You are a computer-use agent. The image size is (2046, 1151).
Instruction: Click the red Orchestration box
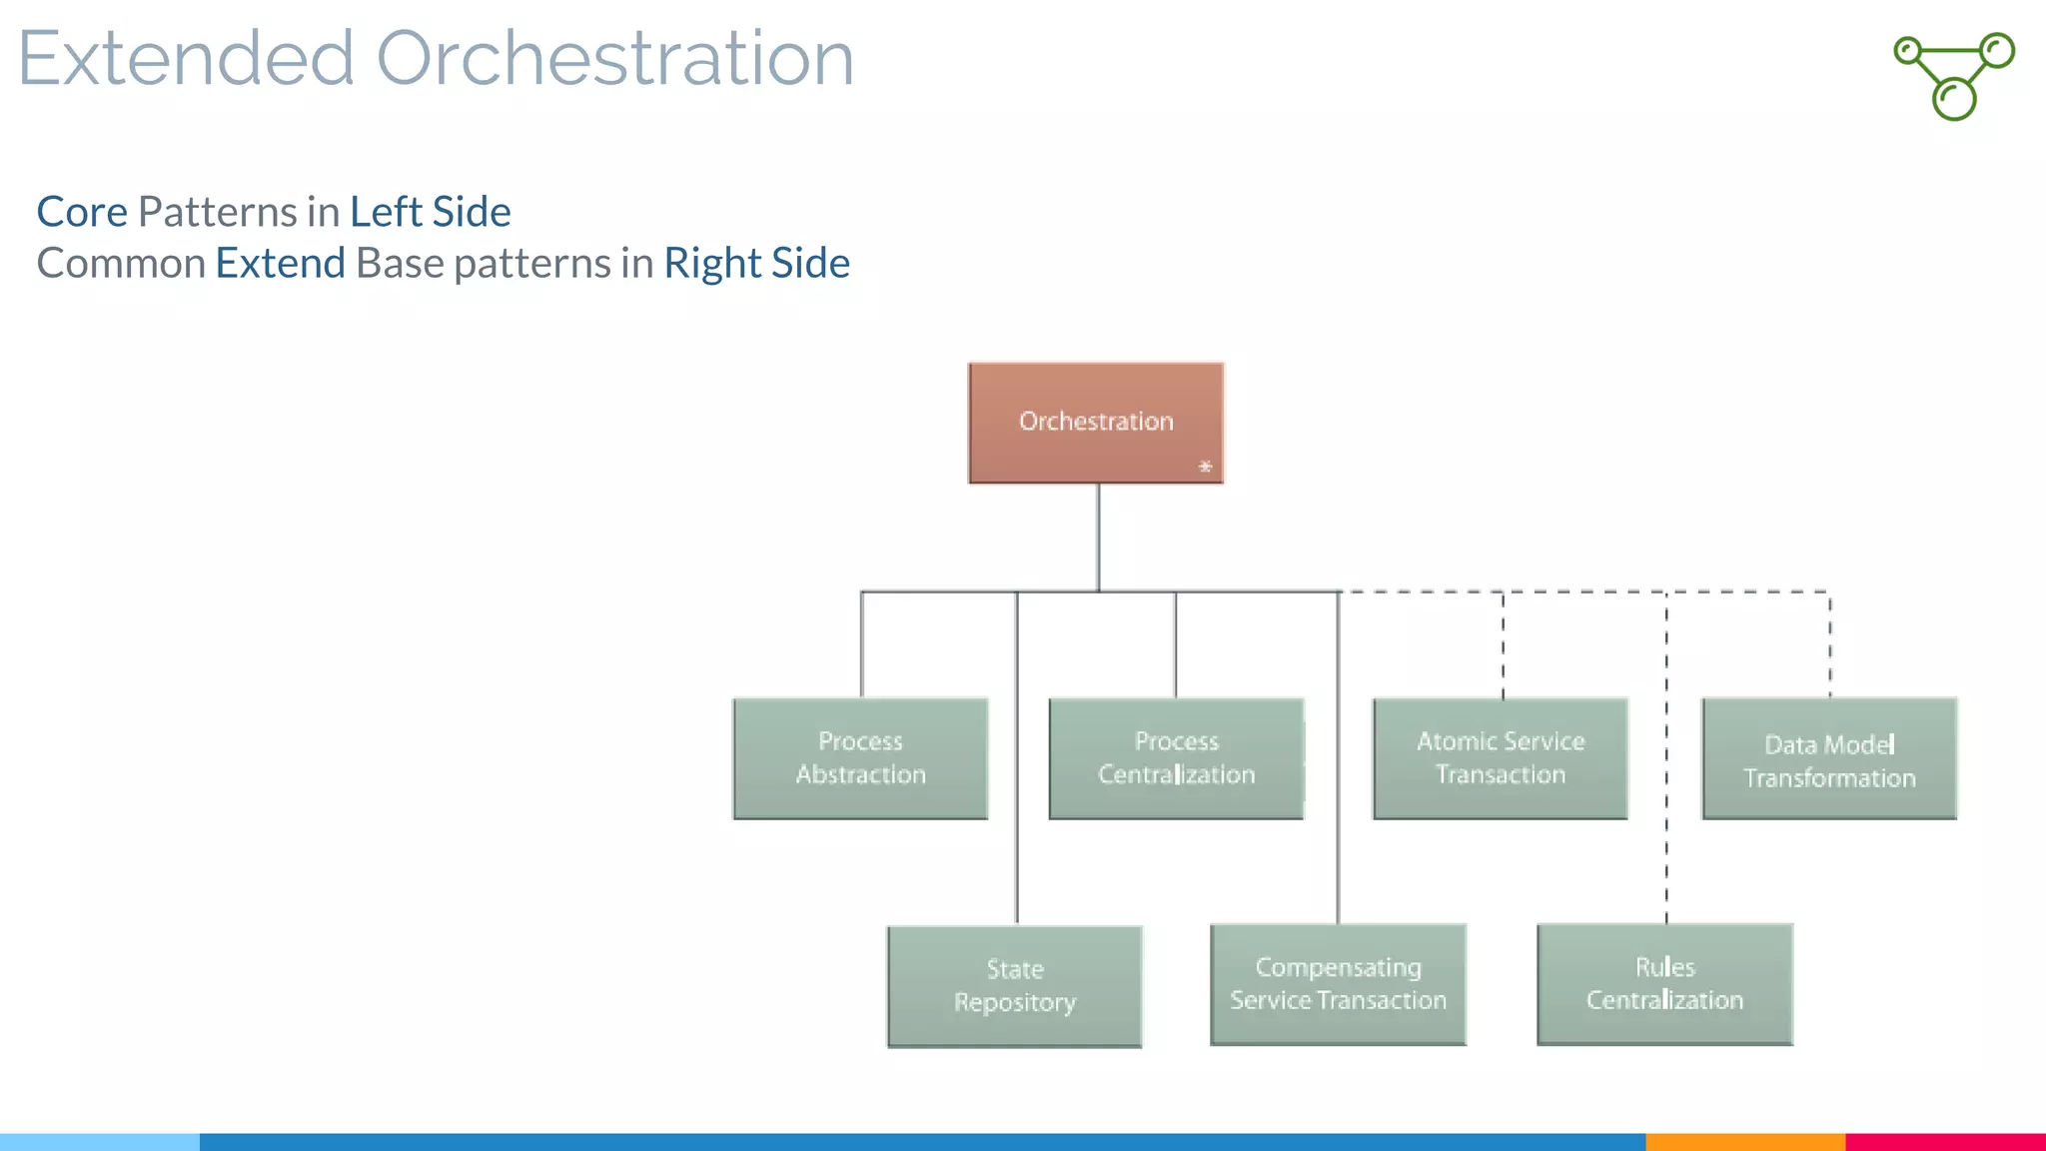click(x=1095, y=422)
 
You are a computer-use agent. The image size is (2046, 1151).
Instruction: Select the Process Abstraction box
click(x=860, y=758)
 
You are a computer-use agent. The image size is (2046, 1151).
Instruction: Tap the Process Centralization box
click(x=1176, y=758)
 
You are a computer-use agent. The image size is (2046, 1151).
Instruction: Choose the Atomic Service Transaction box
click(x=1500, y=758)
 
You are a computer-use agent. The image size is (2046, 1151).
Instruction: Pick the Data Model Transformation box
click(x=1829, y=760)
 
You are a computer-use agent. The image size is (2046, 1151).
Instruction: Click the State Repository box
click(x=1014, y=986)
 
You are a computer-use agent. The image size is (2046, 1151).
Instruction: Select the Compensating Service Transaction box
click(x=1338, y=984)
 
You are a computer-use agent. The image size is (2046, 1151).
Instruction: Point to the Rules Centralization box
click(x=1664, y=984)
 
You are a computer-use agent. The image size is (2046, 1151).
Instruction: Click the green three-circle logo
click(x=1954, y=76)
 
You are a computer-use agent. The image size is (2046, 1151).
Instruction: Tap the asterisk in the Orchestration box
click(x=1205, y=467)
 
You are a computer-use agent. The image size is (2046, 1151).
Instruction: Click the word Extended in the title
click(x=186, y=58)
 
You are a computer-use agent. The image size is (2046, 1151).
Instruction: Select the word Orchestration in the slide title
click(x=614, y=58)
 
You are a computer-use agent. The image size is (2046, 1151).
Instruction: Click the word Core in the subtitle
click(x=82, y=212)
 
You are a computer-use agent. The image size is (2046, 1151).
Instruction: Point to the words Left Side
click(x=430, y=212)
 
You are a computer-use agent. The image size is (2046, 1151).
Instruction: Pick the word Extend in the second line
click(x=280, y=264)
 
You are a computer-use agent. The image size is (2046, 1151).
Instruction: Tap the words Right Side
click(x=756, y=264)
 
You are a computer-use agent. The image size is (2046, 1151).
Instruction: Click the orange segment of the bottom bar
click(x=1744, y=1142)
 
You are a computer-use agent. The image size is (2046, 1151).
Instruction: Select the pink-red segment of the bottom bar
click(x=1945, y=1142)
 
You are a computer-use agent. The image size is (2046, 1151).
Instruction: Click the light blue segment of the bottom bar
click(x=100, y=1142)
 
